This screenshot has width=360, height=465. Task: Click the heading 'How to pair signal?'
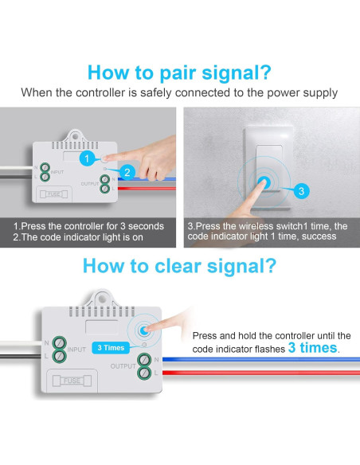point(179,72)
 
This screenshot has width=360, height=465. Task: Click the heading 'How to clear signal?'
point(179,265)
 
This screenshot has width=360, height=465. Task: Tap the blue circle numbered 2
point(125,171)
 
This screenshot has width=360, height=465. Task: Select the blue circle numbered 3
point(300,191)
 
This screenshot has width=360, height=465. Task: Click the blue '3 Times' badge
point(109,347)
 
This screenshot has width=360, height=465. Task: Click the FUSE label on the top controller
point(53,193)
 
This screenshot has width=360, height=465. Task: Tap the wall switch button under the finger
point(268,182)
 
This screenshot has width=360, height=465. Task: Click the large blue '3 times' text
point(313,348)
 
